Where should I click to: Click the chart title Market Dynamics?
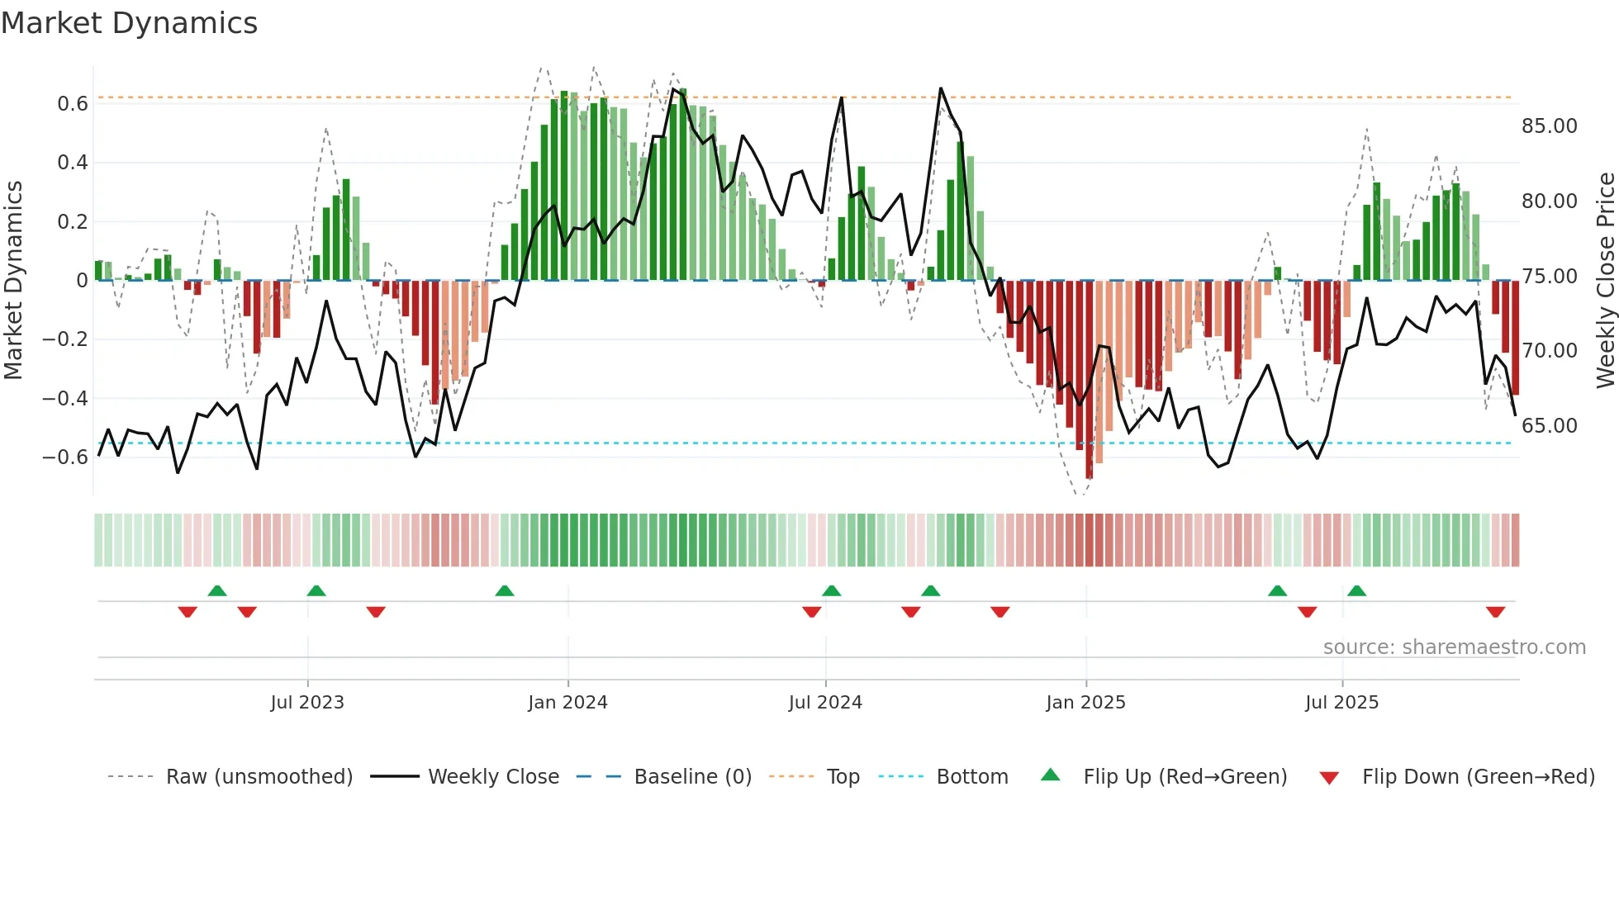pyautogui.click(x=130, y=23)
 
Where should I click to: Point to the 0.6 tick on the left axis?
pyautogui.click(x=72, y=104)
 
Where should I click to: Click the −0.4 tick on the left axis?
pyautogui.click(x=65, y=399)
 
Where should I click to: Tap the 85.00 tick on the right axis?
pyautogui.click(x=1549, y=126)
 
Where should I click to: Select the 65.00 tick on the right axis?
pyautogui.click(x=1549, y=426)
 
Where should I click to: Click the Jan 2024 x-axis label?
pyautogui.click(x=567, y=703)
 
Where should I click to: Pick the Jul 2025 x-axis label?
pyautogui.click(x=1341, y=703)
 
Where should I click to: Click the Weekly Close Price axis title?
pyautogui.click(x=1605, y=281)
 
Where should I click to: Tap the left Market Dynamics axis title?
pyautogui.click(x=13, y=281)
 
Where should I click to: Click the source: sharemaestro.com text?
pyautogui.click(x=1454, y=647)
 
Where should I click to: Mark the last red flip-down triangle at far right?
pyautogui.click(x=1495, y=612)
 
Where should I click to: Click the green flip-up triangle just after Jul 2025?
pyautogui.click(x=1356, y=590)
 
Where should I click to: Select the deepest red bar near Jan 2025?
pyautogui.click(x=1089, y=380)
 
